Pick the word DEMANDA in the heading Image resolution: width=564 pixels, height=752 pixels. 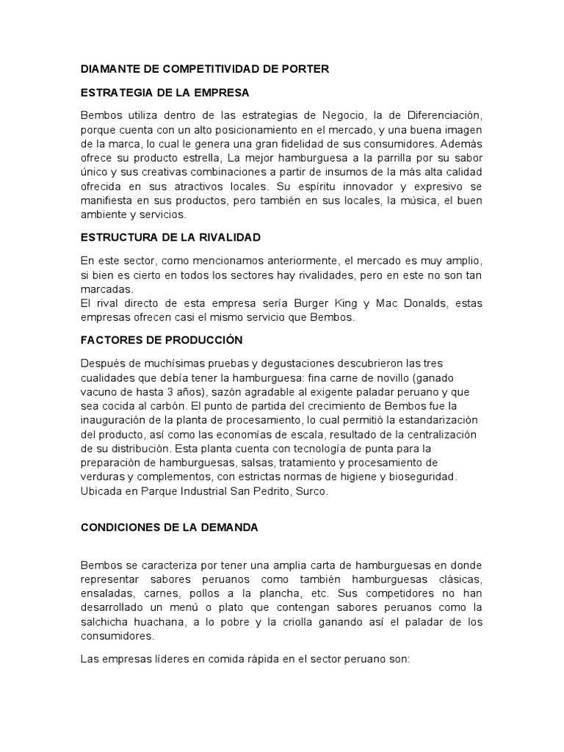point(228,527)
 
